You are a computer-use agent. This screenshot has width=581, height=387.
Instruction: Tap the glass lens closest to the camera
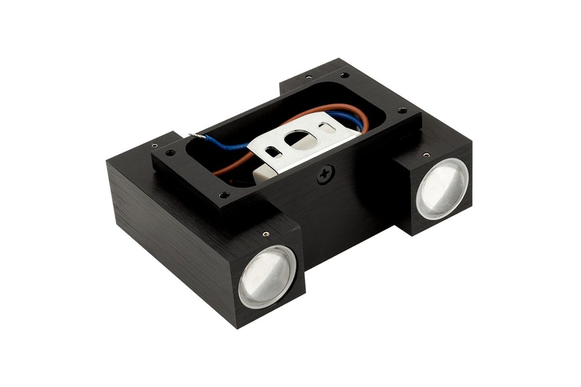point(266,277)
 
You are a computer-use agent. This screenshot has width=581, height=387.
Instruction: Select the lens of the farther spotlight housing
point(442,188)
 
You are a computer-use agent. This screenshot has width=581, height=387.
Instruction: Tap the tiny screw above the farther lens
point(426,155)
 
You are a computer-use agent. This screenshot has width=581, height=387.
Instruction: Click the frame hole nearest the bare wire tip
point(169,153)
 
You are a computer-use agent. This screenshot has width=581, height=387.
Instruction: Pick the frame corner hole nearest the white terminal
point(223,195)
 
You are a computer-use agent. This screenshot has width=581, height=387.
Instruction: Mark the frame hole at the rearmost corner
point(344,75)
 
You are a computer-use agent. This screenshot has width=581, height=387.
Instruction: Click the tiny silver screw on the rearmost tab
point(308,76)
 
